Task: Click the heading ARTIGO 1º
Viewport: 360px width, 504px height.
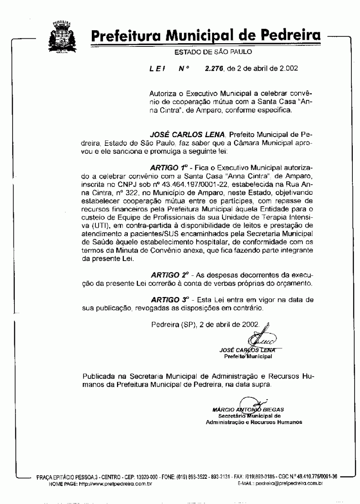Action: point(169,168)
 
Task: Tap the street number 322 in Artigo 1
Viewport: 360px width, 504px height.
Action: point(119,193)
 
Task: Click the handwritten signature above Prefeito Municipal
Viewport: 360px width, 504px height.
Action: point(264,336)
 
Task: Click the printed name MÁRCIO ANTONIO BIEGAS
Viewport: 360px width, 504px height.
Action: point(247,409)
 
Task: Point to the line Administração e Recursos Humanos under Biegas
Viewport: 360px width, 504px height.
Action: point(254,422)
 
